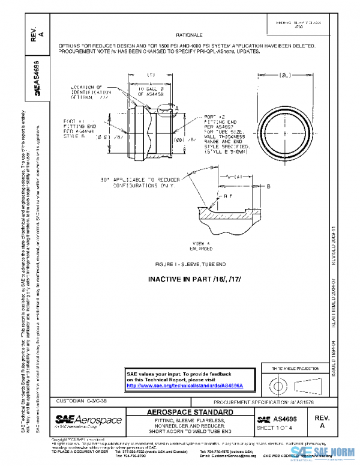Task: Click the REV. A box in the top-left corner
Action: point(38,34)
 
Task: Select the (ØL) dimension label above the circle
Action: point(285,75)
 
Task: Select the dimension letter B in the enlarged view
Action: point(268,186)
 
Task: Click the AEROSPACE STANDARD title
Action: point(190,412)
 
